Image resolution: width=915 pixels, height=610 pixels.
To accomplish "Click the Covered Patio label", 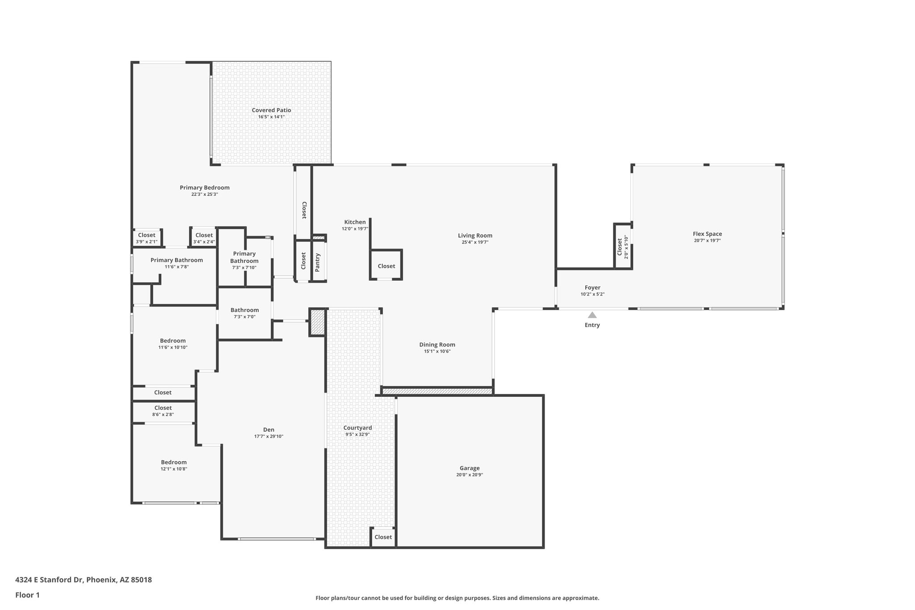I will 271,110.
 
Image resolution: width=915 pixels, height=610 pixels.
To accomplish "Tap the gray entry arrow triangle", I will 592,315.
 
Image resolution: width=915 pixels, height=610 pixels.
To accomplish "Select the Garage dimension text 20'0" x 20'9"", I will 469,475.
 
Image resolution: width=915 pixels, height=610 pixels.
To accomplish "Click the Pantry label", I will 318,263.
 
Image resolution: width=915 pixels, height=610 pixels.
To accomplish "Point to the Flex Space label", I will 707,234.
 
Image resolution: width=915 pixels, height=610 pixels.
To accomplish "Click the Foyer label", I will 592,288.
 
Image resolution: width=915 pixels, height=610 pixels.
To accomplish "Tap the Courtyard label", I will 357,428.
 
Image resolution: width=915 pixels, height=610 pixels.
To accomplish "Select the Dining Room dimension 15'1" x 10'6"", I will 437,351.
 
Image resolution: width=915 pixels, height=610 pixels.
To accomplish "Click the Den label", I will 269,429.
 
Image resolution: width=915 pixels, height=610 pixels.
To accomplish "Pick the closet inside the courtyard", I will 383,537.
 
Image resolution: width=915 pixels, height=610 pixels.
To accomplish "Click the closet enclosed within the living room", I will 386,266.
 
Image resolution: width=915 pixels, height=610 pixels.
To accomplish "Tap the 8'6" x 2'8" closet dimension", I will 163,415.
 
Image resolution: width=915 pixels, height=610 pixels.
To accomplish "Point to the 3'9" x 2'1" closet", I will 147,238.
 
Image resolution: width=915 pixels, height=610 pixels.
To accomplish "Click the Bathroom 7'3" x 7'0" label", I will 244,310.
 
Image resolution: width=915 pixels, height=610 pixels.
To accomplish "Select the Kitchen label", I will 355,222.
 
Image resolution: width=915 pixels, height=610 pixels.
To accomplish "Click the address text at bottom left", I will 84,580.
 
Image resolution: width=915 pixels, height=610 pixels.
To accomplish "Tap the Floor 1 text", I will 27,595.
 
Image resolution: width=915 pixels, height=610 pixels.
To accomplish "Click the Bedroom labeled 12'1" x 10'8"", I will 174,462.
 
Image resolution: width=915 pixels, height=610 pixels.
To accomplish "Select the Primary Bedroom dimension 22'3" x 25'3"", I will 205,194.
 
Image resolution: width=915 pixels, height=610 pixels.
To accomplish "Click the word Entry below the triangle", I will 592,325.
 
